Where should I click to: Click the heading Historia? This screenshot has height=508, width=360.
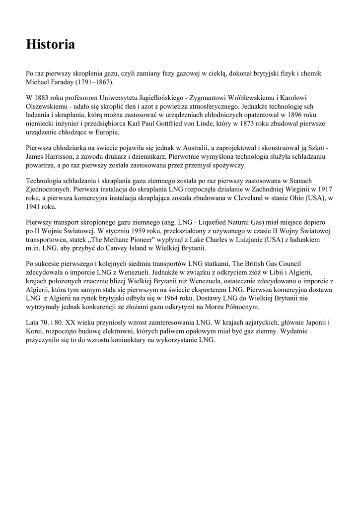click(x=51, y=45)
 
